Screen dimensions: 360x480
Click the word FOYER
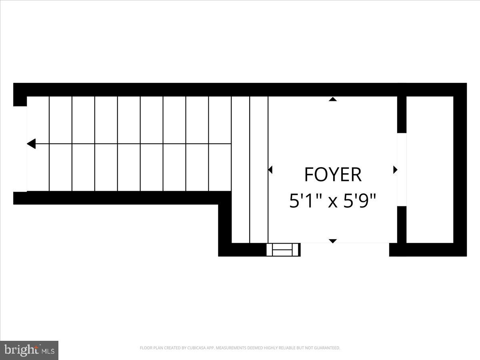[333, 175]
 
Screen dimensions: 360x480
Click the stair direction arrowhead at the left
[31, 144]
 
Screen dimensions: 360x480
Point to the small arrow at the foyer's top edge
[332, 99]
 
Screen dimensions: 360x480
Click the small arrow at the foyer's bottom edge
[332, 241]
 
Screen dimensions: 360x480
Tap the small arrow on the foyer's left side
[270, 170]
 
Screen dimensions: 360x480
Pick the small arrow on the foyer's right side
[395, 170]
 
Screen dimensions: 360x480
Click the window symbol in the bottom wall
[283, 250]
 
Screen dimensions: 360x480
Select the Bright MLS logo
[29, 350]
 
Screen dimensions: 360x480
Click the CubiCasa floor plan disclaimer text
[240, 348]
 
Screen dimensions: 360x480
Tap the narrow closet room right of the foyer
[430, 170]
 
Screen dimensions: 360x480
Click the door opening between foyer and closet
[402, 170]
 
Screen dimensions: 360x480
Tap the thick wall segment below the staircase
[120, 198]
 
